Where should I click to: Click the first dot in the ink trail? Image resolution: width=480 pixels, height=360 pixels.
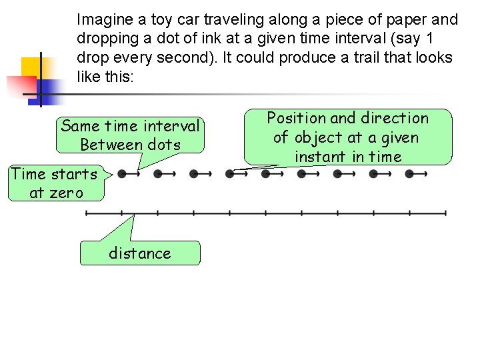[122, 174]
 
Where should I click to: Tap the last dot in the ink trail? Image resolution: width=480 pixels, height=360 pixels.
[409, 174]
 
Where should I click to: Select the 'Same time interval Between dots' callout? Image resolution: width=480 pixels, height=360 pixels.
[130, 135]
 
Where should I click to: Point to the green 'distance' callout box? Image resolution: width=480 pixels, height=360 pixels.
[140, 253]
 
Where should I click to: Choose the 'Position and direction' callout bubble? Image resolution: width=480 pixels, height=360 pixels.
[347, 137]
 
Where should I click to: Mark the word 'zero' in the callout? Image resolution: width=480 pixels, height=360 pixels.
[66, 193]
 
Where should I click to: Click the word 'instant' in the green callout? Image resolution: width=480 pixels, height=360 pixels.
[319, 157]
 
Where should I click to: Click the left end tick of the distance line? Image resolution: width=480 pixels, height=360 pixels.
[86, 213]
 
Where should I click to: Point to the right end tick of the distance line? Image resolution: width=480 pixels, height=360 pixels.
[445, 213]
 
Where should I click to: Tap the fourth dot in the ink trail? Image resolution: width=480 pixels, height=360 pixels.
[230, 174]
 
